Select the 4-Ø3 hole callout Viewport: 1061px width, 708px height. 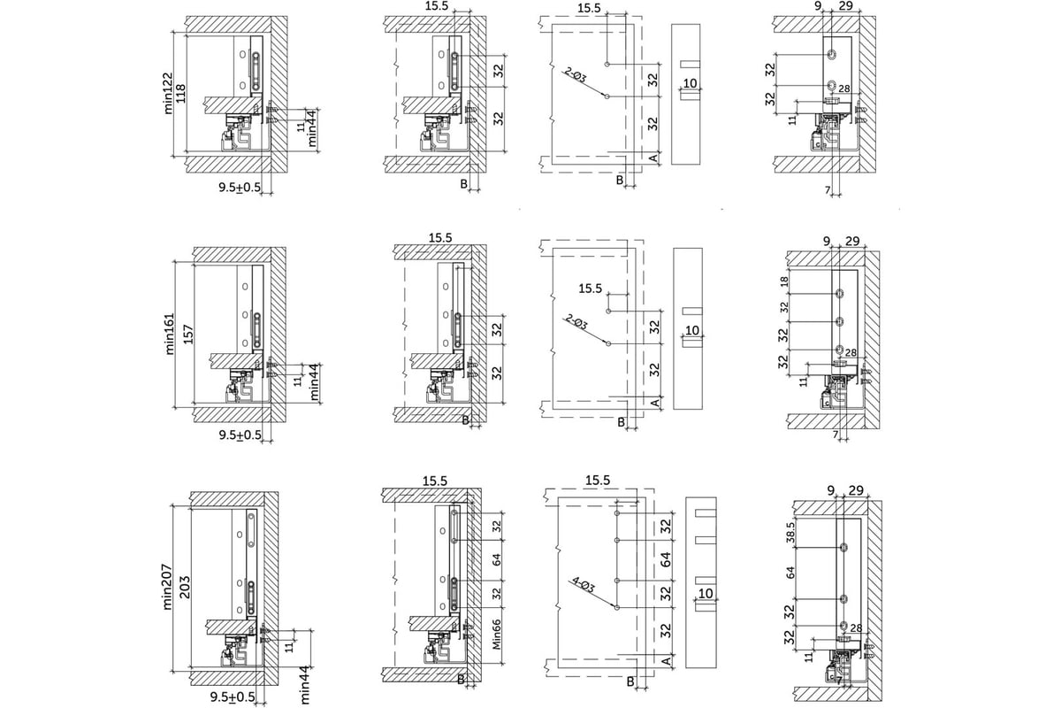584,586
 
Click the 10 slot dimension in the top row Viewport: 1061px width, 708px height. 691,83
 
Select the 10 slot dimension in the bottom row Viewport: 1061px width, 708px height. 705,592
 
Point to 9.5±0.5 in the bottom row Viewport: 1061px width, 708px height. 235,697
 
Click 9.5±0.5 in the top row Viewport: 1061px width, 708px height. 240,187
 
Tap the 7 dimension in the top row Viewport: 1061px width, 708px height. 826,190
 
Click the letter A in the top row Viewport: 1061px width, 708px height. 652,157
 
